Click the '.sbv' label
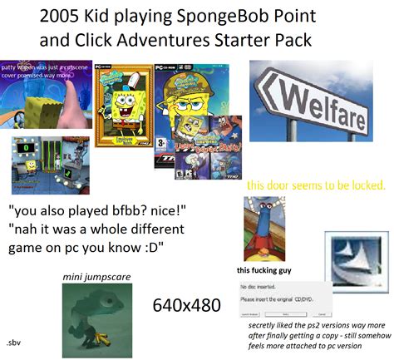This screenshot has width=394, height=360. (x=14, y=341)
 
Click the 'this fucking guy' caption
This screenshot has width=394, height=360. (x=265, y=269)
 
